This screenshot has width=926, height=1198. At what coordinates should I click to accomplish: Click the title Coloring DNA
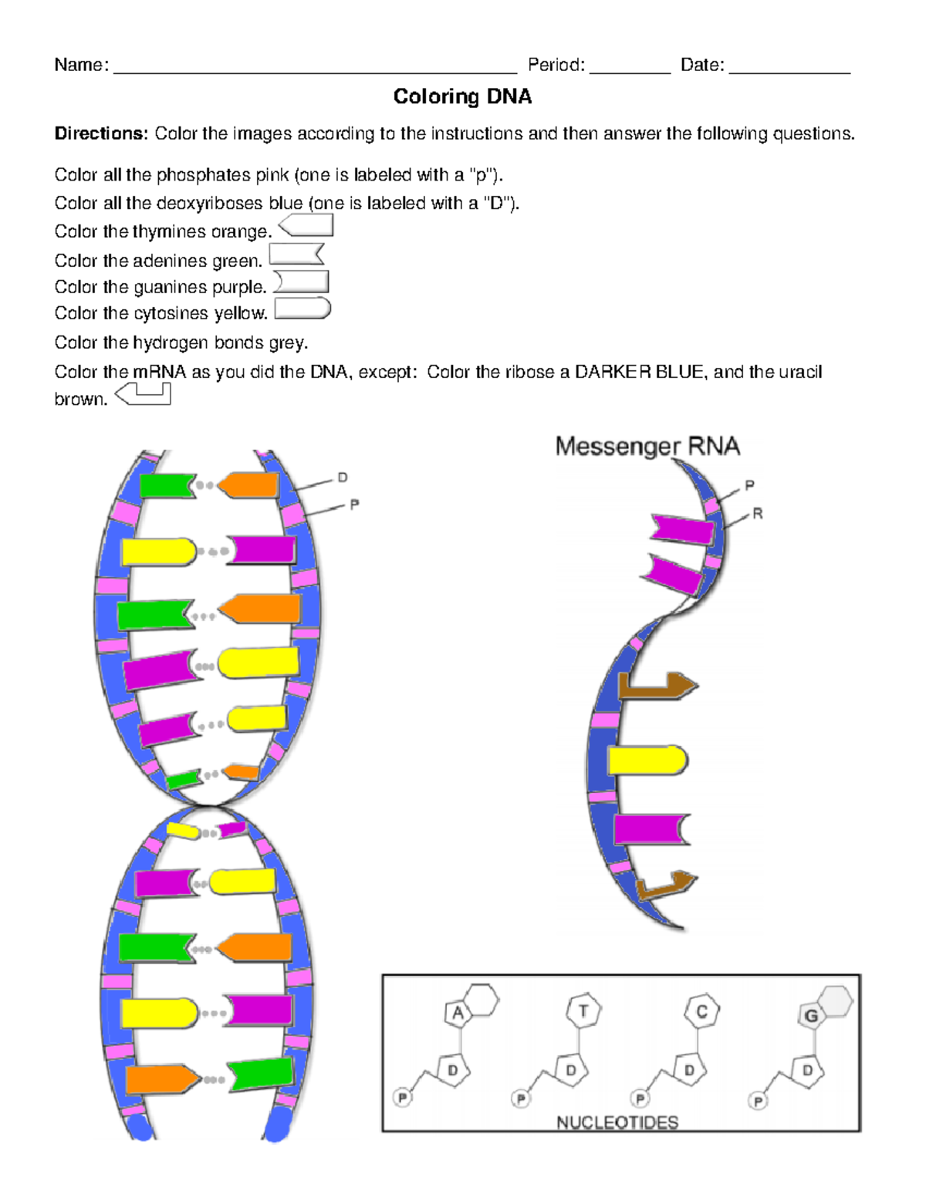(462, 96)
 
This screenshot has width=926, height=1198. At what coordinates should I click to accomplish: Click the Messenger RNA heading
(647, 447)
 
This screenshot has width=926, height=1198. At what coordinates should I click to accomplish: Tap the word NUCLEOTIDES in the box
(617, 1122)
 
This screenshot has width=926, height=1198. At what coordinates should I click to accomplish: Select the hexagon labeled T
(583, 1011)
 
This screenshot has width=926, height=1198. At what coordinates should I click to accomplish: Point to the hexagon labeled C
(701, 1011)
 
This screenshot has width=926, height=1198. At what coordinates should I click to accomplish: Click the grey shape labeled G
(811, 1015)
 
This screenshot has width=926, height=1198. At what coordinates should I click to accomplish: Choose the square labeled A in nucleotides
(458, 1013)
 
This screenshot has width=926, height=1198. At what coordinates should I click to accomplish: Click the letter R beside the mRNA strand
(757, 514)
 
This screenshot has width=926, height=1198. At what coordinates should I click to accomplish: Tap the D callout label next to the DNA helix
(343, 478)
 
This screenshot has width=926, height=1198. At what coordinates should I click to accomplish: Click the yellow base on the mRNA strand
(647, 761)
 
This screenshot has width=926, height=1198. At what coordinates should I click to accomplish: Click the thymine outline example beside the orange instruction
(306, 225)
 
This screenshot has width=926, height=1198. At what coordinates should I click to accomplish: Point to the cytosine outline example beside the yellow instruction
(302, 309)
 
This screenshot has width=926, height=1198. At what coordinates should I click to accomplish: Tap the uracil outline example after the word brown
(144, 395)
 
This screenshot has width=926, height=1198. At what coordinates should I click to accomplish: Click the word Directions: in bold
(100, 133)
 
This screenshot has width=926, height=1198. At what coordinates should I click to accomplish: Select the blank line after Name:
(315, 68)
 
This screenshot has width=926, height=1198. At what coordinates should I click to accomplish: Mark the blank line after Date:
(789, 68)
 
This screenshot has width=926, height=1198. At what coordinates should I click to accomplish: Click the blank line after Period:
(630, 68)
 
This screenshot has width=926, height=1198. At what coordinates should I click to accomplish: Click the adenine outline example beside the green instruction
(296, 255)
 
